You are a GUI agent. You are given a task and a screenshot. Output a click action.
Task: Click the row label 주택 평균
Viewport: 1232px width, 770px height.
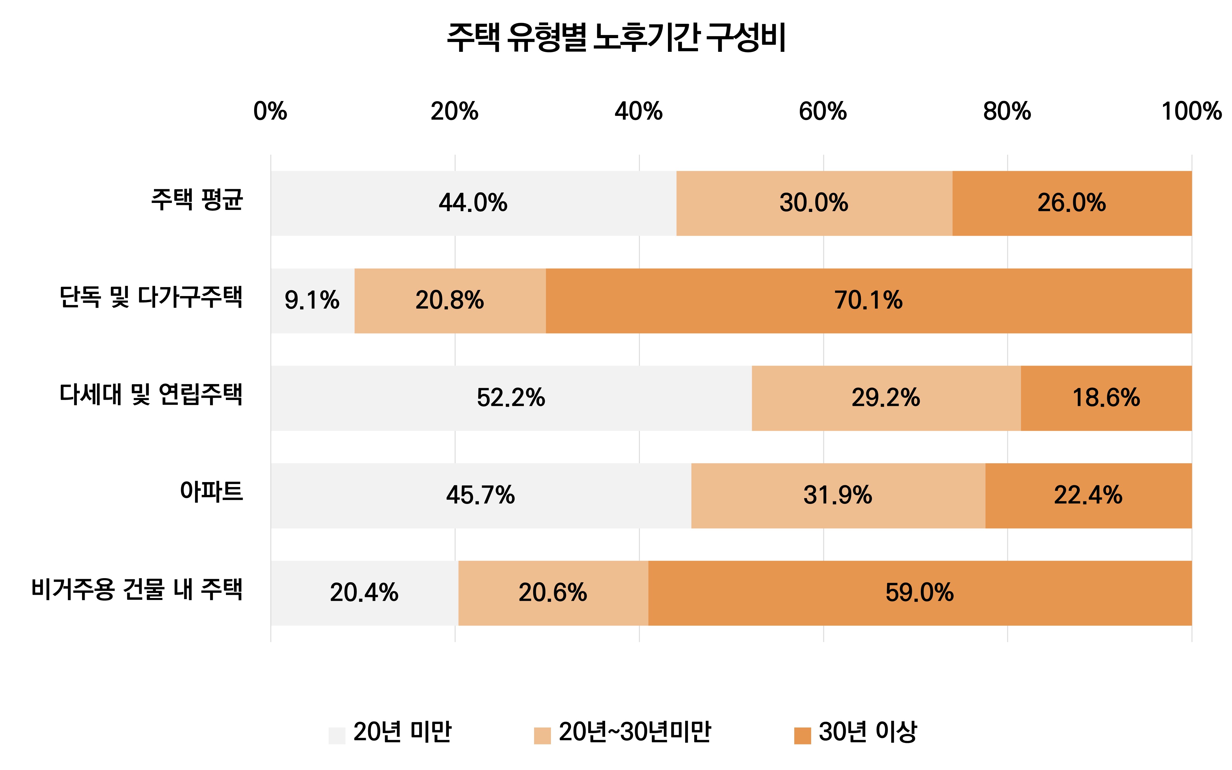pos(197,200)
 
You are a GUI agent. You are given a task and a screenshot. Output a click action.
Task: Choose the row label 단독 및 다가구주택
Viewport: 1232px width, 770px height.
pos(151,297)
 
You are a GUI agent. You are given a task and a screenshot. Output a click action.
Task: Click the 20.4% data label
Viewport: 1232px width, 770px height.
pos(364,593)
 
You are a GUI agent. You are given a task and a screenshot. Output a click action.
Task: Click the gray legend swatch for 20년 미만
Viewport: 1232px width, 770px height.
pos(336,735)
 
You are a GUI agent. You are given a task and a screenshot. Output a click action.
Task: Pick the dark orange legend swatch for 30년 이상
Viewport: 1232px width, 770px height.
pos(802,735)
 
